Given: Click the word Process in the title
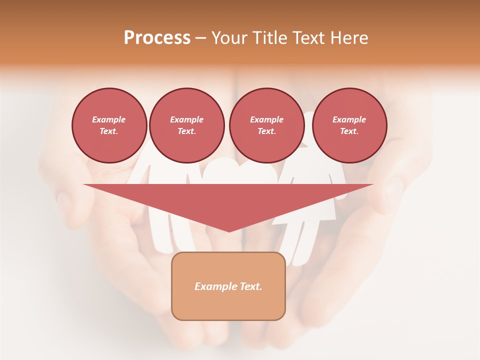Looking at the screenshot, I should click(x=157, y=38).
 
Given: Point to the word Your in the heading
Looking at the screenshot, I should click(x=229, y=38).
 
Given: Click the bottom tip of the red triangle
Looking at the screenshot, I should click(x=229, y=230).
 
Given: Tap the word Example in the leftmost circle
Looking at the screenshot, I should click(x=109, y=119).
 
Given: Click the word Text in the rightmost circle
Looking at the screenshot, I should click(x=349, y=131).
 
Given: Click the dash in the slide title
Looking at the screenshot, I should click(x=200, y=38).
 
